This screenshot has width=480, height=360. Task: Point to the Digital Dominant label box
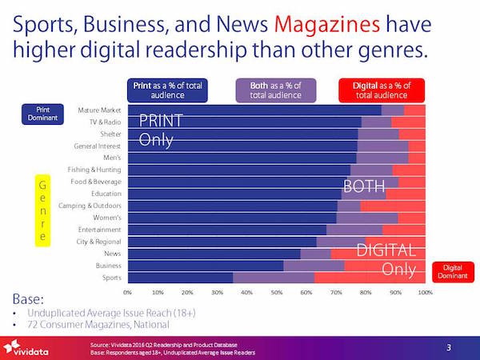(452, 272)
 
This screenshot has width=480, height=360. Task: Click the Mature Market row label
(99, 110)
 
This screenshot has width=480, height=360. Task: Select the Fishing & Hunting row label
(95, 170)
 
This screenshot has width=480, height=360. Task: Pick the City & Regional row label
(98, 241)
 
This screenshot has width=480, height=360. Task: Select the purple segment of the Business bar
(314, 265)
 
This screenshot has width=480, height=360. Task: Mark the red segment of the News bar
(378, 253)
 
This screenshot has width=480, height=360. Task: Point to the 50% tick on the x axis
(277, 293)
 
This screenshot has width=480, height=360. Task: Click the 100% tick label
(425, 293)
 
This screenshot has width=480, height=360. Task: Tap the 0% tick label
(128, 293)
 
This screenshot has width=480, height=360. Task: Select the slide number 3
(449, 346)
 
